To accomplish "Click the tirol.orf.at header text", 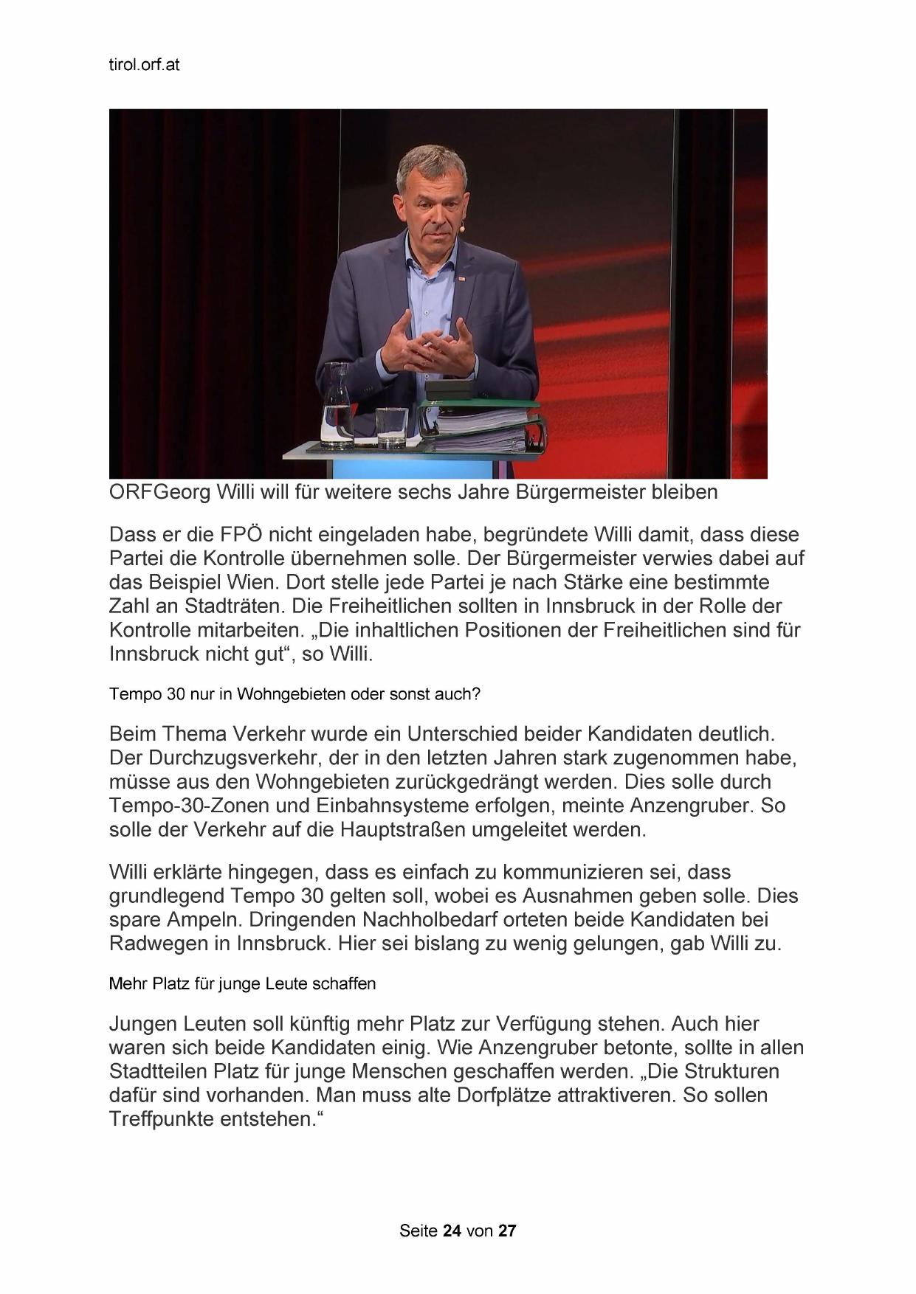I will tap(144, 65).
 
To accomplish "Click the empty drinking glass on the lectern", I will tap(391, 428).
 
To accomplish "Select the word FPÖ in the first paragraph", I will tap(236, 534).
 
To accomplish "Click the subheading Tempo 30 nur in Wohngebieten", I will tap(295, 694).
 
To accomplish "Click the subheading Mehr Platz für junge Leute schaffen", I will tap(242, 984).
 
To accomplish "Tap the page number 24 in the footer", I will tap(452, 1231).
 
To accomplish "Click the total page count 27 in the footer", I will tap(507, 1231).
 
